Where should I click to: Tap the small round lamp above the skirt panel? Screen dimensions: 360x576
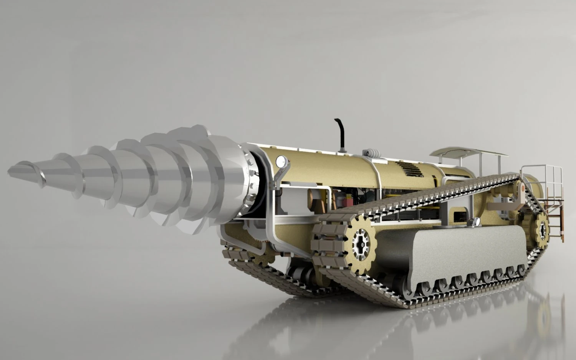[x=477, y=221]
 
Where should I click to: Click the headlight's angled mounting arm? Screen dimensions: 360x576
[x=277, y=173]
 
